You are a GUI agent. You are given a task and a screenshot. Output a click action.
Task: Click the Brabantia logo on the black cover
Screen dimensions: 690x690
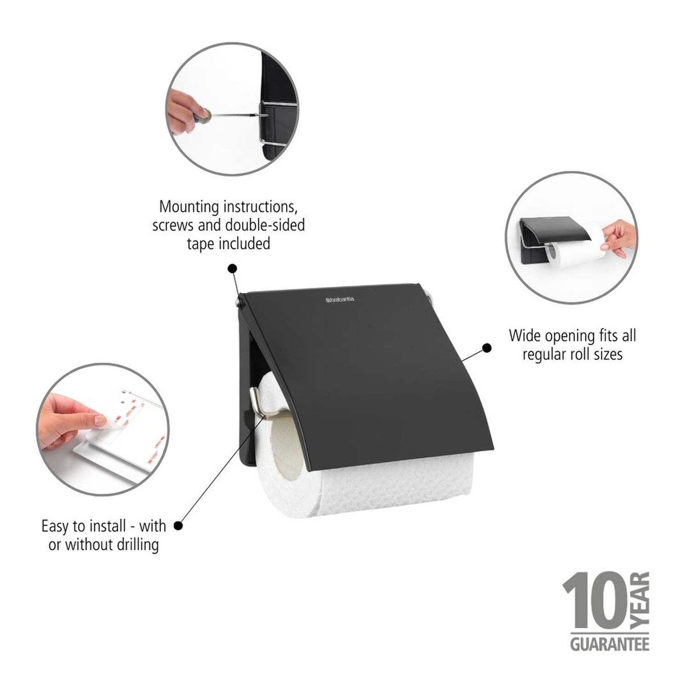click(340, 299)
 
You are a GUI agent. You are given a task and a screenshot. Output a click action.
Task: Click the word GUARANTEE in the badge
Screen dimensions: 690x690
click(610, 644)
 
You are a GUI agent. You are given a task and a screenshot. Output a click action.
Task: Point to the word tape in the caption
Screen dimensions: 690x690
click(201, 243)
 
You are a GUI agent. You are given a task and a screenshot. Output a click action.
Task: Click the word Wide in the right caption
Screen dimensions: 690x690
click(525, 335)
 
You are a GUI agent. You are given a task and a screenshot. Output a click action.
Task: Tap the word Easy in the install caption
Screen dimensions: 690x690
click(56, 526)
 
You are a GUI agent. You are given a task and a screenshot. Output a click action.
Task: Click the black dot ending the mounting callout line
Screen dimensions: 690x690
click(232, 268)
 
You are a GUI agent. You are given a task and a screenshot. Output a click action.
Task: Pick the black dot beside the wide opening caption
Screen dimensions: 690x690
click(486, 348)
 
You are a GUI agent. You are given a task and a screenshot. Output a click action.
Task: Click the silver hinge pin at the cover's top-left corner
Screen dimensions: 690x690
click(238, 301)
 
